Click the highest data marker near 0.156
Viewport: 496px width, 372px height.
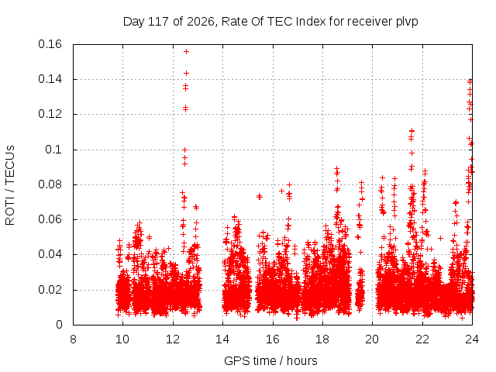point(186,52)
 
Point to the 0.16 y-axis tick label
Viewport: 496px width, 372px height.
point(50,44)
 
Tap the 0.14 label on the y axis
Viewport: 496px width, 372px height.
point(50,79)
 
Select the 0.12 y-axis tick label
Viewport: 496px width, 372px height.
point(50,114)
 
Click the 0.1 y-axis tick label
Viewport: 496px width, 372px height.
point(53,150)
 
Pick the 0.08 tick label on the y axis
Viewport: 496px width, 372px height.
point(50,184)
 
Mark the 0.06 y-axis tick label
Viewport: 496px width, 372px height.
point(50,219)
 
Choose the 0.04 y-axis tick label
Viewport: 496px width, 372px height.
point(50,255)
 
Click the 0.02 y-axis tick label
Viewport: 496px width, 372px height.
point(50,290)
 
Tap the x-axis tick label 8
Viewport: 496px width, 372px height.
point(73,339)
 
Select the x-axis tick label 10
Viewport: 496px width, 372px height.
point(122,339)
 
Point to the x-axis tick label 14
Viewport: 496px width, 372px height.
point(222,339)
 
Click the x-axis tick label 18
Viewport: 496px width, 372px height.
point(322,339)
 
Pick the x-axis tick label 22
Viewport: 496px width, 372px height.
point(422,339)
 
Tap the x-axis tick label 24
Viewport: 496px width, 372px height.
point(472,339)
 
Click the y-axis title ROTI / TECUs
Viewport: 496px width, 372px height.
point(10,185)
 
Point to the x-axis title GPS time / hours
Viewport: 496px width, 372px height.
point(270,360)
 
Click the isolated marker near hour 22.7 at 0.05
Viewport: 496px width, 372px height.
point(440,238)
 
